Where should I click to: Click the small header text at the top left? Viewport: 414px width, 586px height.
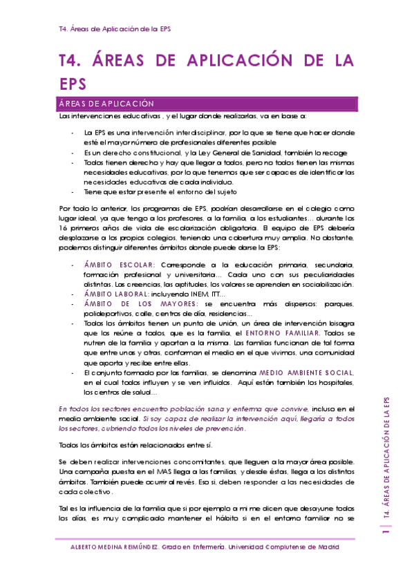coord(115,30)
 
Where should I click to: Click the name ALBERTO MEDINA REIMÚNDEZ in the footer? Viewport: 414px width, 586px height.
coord(114,547)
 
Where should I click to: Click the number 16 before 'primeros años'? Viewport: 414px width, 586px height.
coord(64,226)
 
